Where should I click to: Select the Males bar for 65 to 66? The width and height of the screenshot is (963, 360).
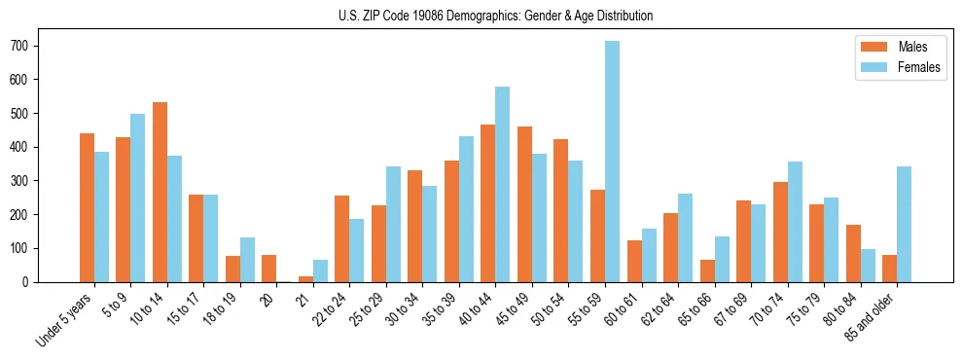pyautogui.click(x=707, y=270)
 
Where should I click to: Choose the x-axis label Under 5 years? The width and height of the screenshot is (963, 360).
pyautogui.click(x=64, y=320)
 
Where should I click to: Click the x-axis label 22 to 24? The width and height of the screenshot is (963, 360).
pyautogui.click(x=329, y=308)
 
